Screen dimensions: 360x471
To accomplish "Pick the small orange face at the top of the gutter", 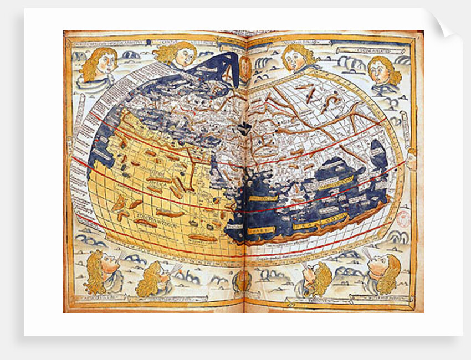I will pyautogui.click(x=244, y=66).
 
